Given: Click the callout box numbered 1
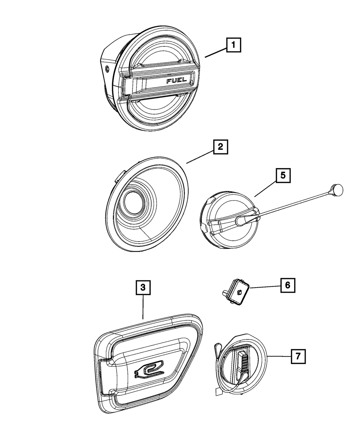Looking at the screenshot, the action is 233,46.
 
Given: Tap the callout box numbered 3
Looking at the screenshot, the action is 143,287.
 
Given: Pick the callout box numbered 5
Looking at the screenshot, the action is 283,175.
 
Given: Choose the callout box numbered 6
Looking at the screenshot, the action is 287,285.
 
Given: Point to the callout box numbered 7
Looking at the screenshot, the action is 297,357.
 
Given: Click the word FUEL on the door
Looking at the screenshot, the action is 176,81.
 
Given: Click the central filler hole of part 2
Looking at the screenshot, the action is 134,205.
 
